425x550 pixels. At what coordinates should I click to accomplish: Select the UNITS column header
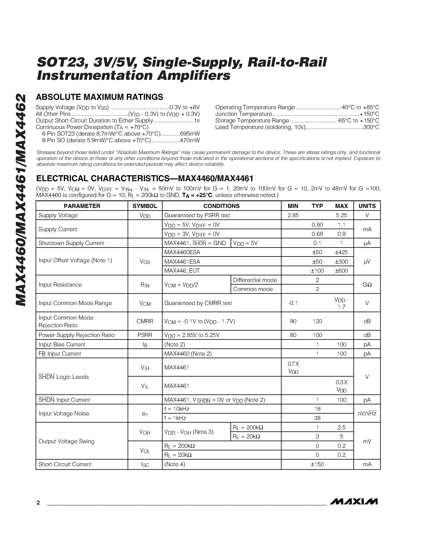click(367, 206)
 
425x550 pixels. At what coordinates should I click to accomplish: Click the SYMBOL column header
click(145, 206)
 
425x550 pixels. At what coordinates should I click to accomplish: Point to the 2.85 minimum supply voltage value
click(293, 215)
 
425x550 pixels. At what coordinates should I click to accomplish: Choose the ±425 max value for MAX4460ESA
click(341, 252)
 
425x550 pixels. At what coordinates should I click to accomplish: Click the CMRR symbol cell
click(145, 321)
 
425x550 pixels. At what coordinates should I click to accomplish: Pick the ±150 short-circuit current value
click(317, 464)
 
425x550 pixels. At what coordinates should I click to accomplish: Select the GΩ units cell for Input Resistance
click(367, 285)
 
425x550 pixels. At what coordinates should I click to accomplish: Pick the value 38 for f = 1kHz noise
click(317, 418)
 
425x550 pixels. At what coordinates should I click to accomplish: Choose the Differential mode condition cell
click(255, 280)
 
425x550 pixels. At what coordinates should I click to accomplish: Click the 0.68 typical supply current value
click(317, 234)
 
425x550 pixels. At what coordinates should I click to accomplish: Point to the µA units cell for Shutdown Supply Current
click(367, 243)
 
